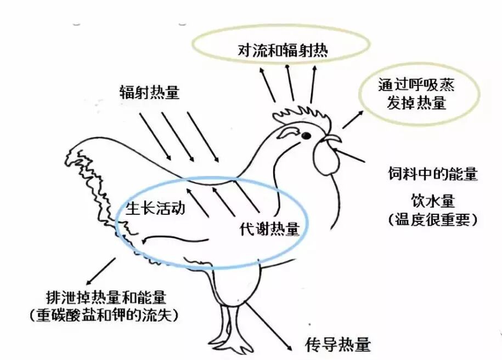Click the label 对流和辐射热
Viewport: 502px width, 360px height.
pyautogui.click(x=283, y=51)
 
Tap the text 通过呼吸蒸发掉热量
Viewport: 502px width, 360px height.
pyautogui.click(x=416, y=94)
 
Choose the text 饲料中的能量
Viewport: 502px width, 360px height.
pyautogui.click(x=431, y=175)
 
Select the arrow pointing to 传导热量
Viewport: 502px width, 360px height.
pyautogui.click(x=271, y=327)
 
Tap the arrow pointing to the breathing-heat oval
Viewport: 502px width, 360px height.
pyautogui.click(x=352, y=119)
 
